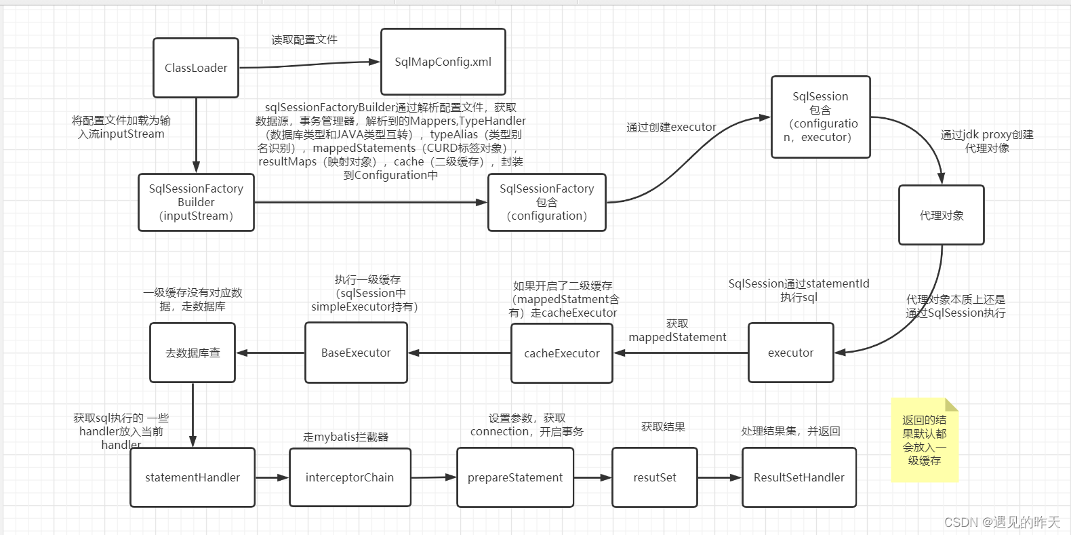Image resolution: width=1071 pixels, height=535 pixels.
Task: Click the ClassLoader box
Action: tap(196, 68)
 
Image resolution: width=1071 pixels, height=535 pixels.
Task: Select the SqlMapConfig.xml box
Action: tap(443, 62)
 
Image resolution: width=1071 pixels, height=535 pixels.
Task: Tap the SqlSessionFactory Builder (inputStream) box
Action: tap(196, 202)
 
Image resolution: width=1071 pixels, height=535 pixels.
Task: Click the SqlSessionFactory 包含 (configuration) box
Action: tap(547, 202)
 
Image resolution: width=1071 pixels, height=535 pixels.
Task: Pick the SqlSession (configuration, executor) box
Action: tap(820, 117)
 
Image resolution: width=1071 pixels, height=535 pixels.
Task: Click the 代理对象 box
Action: tap(941, 215)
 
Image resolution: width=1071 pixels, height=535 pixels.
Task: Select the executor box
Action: tap(790, 353)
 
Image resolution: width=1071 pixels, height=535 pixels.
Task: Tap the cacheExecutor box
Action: tap(561, 353)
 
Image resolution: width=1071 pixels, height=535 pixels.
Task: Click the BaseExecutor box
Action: tap(356, 353)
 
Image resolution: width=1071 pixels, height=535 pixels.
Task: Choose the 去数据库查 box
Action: tap(193, 353)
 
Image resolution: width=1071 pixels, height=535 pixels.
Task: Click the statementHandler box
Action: tap(193, 477)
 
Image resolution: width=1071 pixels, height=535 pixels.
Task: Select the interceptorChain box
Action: tap(350, 477)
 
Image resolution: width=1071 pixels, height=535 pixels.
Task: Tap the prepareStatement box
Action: tap(515, 477)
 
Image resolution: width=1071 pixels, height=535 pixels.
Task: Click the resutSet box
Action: tap(655, 477)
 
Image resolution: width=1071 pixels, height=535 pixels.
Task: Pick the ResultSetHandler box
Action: tap(799, 477)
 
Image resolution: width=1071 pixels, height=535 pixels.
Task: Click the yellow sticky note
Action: tap(925, 441)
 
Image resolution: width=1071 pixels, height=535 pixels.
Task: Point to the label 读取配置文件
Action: tap(304, 40)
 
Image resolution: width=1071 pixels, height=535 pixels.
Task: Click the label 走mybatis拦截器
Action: tap(346, 437)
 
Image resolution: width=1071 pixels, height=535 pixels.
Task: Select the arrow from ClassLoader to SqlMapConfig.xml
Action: tap(308, 64)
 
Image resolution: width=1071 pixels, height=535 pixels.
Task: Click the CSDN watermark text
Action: tap(1002, 521)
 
